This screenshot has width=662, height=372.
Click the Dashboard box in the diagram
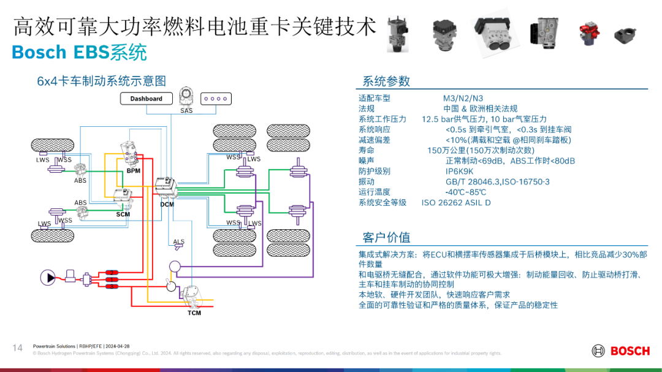[x=146, y=99]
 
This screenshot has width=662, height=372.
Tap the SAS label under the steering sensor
[x=186, y=111]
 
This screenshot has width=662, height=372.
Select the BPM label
[x=134, y=170]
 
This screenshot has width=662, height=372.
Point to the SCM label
[x=123, y=214]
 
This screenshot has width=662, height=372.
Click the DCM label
[x=167, y=204]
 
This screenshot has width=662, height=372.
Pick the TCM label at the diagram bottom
[x=194, y=313]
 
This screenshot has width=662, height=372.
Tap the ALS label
[x=178, y=241]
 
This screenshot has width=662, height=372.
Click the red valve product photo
[x=588, y=34]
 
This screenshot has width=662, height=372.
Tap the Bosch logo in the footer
[x=620, y=351]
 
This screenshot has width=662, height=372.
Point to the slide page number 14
[x=18, y=348]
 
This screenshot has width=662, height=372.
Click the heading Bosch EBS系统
[x=79, y=53]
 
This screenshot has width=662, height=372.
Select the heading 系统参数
[x=386, y=82]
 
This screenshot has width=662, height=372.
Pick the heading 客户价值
[x=386, y=237]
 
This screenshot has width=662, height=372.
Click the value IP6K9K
[x=459, y=172]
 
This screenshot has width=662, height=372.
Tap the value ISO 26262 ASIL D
[x=456, y=202]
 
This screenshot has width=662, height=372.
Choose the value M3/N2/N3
[x=463, y=98]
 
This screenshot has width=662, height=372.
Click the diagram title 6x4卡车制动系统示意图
[x=101, y=81]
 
